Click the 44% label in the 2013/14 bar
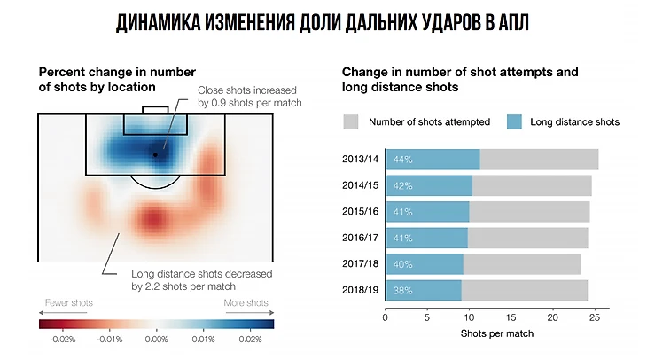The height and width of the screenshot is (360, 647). tap(403, 160)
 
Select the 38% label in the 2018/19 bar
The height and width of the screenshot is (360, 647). tap(403, 290)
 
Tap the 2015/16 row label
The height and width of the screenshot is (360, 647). tap(361, 212)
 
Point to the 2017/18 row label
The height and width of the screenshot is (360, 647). tap(361, 264)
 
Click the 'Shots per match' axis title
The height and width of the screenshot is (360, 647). tap(492, 335)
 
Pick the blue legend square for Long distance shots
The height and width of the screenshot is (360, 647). tap(514, 122)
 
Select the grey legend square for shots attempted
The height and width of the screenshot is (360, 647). tap(350, 122)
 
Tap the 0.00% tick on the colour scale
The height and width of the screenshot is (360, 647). tap(156, 338)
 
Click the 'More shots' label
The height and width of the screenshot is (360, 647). tap(245, 303)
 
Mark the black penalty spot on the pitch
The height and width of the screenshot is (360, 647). tap(155, 154)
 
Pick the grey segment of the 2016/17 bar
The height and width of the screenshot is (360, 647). tap(527, 238)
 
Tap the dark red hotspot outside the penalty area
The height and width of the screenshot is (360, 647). tap(152, 217)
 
